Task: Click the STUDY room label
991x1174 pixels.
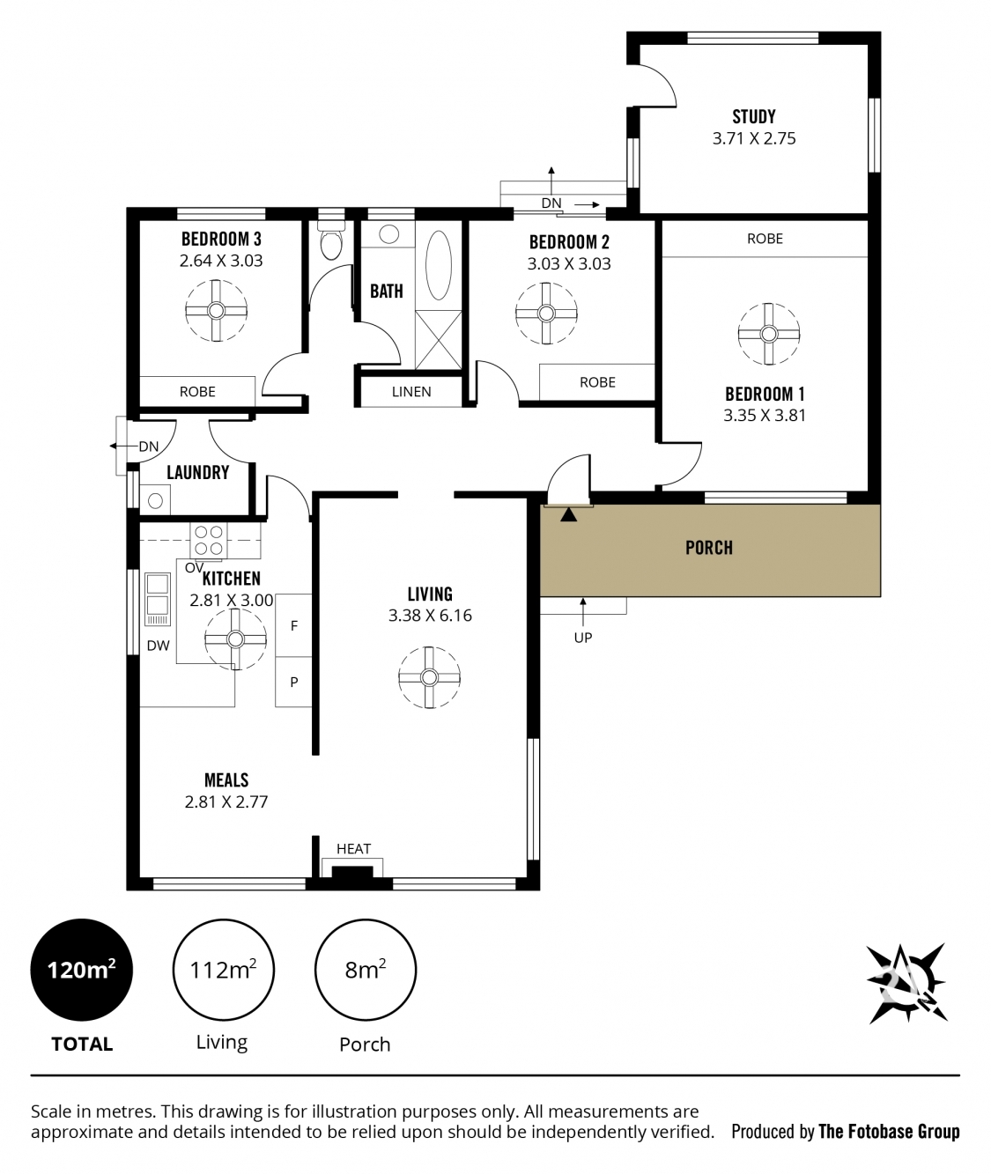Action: pyautogui.click(x=754, y=116)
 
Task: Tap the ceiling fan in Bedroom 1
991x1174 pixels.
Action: pyautogui.click(x=768, y=334)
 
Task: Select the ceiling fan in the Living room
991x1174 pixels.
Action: pyautogui.click(x=429, y=677)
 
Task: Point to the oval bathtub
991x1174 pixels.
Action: pyautogui.click(x=438, y=265)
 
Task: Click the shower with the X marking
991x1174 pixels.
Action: pyautogui.click(x=438, y=340)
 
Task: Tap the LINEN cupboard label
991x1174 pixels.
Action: pyautogui.click(x=411, y=392)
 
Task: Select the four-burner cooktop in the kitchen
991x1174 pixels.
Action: pyautogui.click(x=208, y=541)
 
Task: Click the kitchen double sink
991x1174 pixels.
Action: pyautogui.click(x=158, y=599)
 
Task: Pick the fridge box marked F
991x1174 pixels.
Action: pyautogui.click(x=293, y=625)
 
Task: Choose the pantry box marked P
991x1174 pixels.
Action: pyautogui.click(x=293, y=682)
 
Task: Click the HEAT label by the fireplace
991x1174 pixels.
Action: pyautogui.click(x=354, y=848)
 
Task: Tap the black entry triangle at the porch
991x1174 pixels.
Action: pyautogui.click(x=569, y=514)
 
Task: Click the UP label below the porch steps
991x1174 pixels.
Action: pyautogui.click(x=583, y=638)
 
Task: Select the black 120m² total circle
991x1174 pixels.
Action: pyautogui.click(x=82, y=970)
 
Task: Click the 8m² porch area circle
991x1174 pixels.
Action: pyautogui.click(x=365, y=970)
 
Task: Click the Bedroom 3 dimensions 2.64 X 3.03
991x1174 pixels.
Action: pyautogui.click(x=221, y=261)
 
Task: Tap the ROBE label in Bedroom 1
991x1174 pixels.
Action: pyautogui.click(x=765, y=239)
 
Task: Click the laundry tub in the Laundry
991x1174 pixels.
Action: pyautogui.click(x=155, y=500)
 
